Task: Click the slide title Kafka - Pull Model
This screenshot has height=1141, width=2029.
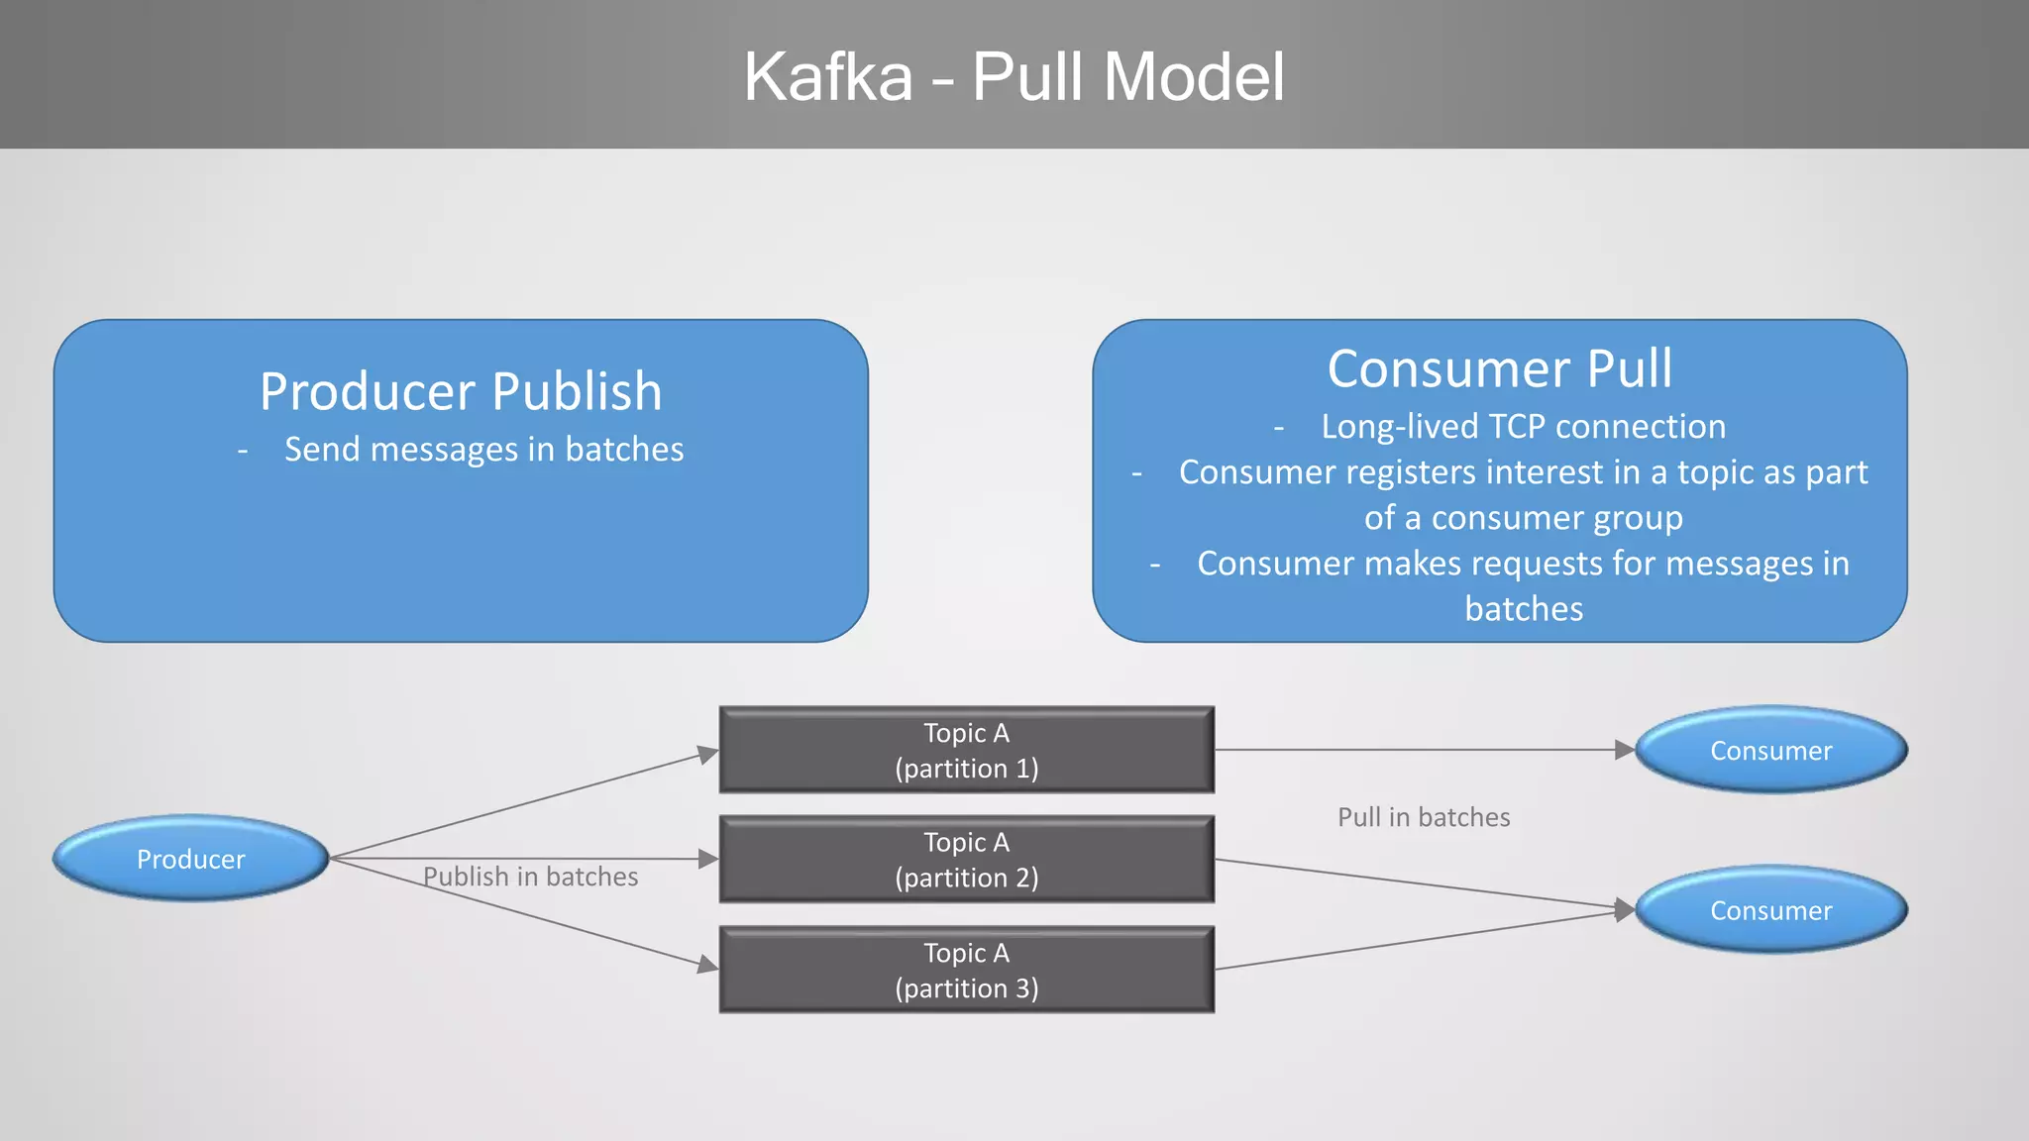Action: click(1014, 76)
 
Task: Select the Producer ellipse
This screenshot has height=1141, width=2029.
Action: click(190, 859)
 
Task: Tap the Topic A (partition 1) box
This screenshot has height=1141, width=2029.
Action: click(966, 750)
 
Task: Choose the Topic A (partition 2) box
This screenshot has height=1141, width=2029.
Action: click(966, 859)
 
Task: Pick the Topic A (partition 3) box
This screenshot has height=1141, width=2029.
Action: click(966, 970)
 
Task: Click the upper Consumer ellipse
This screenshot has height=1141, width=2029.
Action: click(1770, 750)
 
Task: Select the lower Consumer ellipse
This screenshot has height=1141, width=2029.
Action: click(1770, 910)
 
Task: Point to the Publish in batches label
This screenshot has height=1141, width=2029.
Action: click(530, 877)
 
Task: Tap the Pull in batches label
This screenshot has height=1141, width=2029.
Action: click(1423, 817)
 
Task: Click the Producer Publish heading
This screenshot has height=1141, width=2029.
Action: click(461, 391)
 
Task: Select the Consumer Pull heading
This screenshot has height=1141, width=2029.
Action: click(1499, 368)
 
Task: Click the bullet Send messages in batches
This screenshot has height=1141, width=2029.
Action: click(483, 450)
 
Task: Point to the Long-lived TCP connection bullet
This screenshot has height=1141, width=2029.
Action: click(1523, 427)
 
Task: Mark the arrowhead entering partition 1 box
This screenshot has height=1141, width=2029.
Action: click(708, 754)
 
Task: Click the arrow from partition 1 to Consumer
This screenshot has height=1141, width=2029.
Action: click(1417, 750)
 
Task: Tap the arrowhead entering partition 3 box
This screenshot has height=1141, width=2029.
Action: click(708, 964)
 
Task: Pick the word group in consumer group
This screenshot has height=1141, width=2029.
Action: click(1638, 518)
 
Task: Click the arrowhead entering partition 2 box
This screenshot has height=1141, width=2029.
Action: click(708, 859)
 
